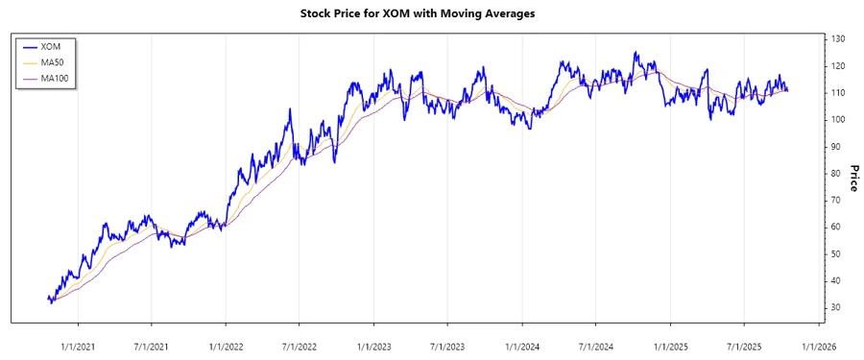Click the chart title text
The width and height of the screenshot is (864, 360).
point(431,13)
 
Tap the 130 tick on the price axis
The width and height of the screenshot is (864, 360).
point(839,38)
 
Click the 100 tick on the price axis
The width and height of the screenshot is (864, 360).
point(839,119)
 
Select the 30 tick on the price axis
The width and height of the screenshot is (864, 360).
point(836,307)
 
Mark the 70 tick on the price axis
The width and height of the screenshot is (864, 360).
point(836,200)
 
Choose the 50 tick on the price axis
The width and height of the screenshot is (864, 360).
point(836,253)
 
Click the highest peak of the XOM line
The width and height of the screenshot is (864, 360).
point(635,53)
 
